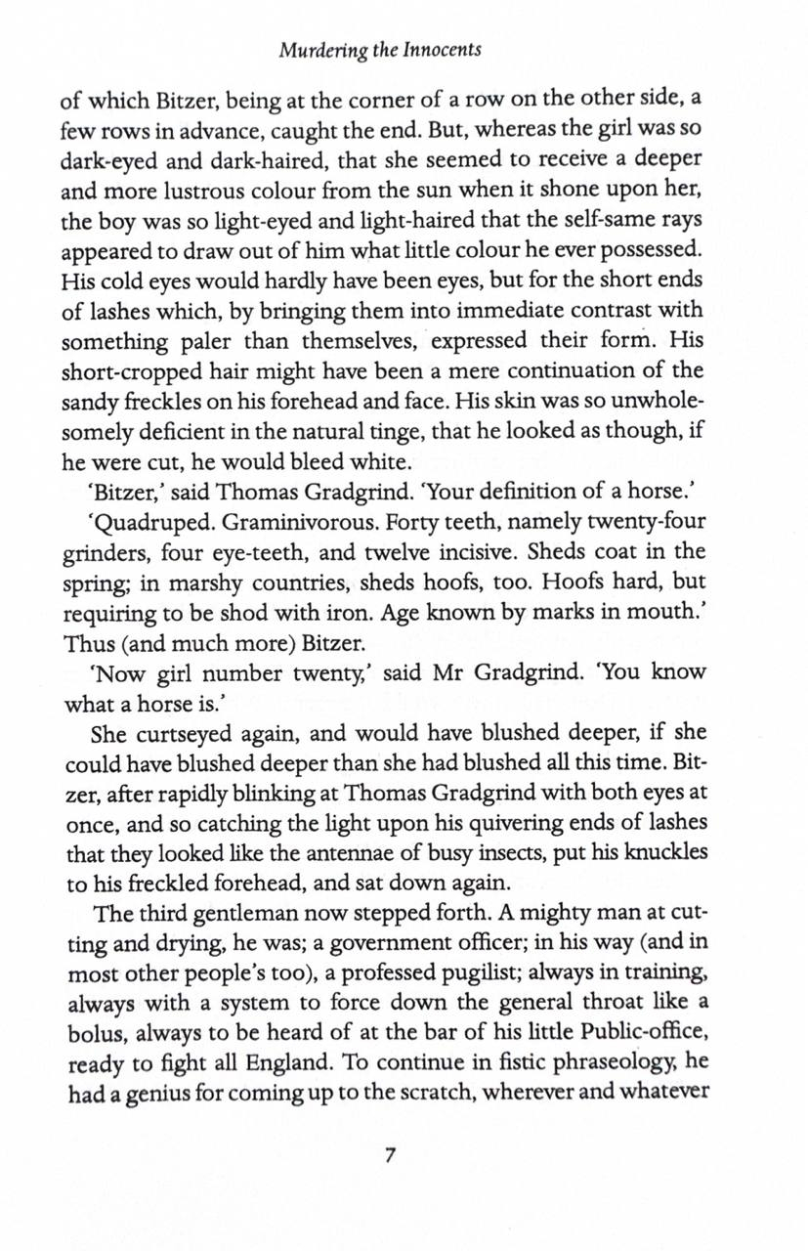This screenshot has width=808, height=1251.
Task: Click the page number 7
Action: tap(390, 1154)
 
